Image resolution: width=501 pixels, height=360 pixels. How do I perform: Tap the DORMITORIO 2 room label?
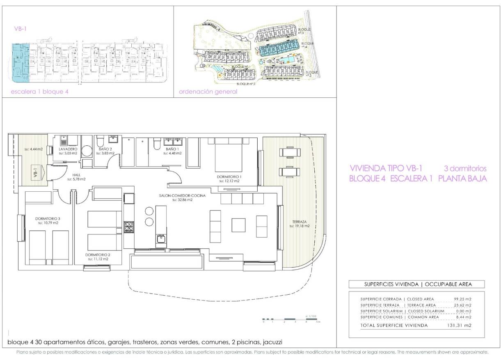(x=98, y=255)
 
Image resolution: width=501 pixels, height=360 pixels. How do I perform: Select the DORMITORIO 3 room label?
(x=48, y=218)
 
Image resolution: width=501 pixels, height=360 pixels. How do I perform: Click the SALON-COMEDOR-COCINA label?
(x=183, y=195)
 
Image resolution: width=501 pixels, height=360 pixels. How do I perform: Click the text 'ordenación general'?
(x=208, y=92)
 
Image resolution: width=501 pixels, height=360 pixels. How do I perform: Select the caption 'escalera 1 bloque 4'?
(x=40, y=92)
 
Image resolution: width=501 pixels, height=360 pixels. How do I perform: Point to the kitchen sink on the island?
(x=161, y=238)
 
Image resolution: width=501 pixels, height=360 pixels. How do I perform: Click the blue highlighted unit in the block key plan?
(x=20, y=62)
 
